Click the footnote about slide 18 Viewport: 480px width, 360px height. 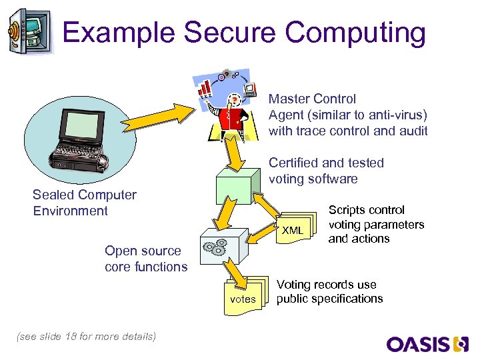(x=85, y=336)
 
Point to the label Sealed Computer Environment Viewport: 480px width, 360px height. (x=85, y=203)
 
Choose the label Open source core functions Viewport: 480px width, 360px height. (x=146, y=259)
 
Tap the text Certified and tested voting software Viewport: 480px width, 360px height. (x=326, y=171)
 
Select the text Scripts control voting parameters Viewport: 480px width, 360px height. (x=376, y=224)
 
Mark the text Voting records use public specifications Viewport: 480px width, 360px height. (x=329, y=291)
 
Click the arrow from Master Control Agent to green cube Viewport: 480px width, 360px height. (x=234, y=153)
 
